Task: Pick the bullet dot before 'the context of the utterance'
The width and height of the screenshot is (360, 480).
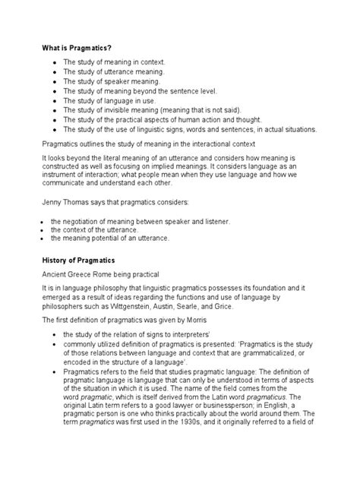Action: pyautogui.click(x=44, y=229)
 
